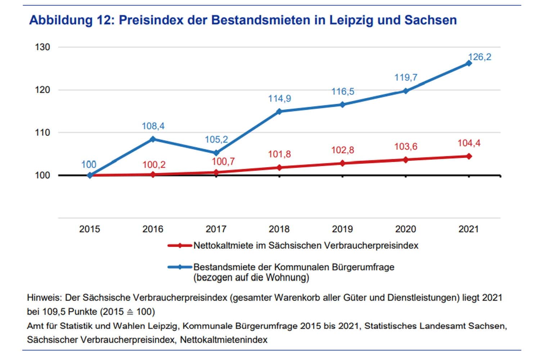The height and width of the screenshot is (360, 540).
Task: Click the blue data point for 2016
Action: (x=153, y=139)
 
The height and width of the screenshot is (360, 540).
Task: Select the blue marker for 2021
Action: (x=469, y=63)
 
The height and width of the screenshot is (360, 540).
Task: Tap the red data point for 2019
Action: (x=342, y=163)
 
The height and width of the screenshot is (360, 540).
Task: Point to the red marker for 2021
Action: (x=469, y=156)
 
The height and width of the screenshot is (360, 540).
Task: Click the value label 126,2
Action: (x=480, y=57)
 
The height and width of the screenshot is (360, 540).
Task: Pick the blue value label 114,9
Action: (x=279, y=98)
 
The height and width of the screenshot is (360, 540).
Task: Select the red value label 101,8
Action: (x=279, y=154)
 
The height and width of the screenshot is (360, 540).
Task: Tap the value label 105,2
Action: (x=216, y=139)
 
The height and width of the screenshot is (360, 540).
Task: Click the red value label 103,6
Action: (x=406, y=147)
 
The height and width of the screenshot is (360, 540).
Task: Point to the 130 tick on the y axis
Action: (x=42, y=47)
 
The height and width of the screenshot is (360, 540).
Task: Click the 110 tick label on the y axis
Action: (x=42, y=132)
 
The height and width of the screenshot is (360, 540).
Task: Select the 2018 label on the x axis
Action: (x=279, y=229)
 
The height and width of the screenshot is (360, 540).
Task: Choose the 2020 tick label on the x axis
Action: (x=405, y=229)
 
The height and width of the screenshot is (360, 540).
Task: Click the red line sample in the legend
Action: (x=180, y=246)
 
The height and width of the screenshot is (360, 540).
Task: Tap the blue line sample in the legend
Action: (x=180, y=267)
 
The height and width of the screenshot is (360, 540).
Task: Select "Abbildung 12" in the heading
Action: (x=71, y=20)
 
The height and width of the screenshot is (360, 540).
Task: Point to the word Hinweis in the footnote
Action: (x=43, y=298)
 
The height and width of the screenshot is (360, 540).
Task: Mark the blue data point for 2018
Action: (x=279, y=111)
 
